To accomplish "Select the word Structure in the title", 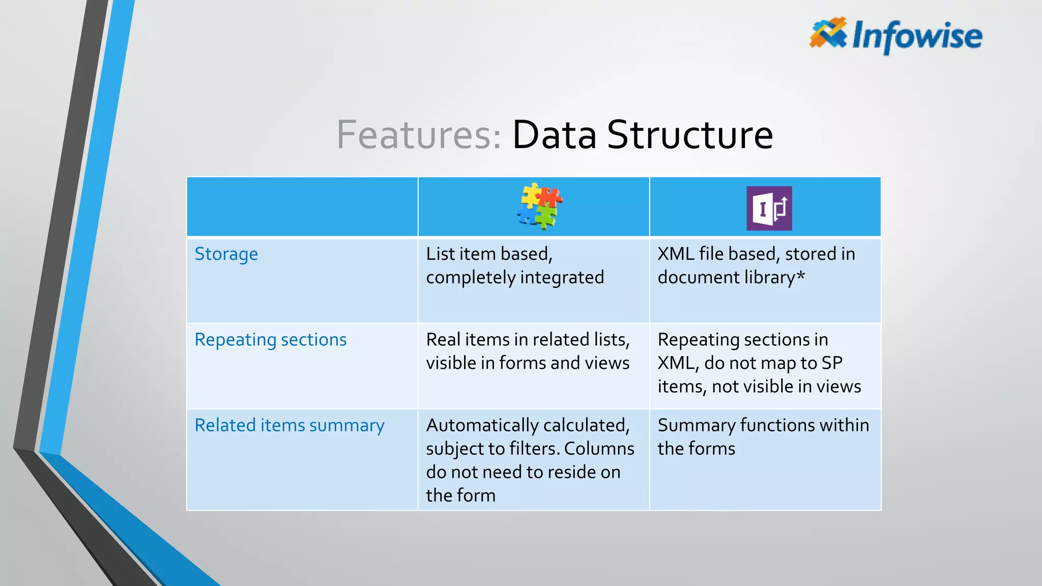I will point(690,135).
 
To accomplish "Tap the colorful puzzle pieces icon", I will point(539,206).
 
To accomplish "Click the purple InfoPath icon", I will point(769,208).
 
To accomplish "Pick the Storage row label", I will point(226,254).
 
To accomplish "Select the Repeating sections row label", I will point(271,339).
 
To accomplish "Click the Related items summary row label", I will point(290,425).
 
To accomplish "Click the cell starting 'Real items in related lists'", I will point(528,351).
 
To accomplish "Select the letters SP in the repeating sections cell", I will point(831,363).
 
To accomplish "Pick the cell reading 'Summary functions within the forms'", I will point(763,436).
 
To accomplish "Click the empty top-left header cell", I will point(302,207).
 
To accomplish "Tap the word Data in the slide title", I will point(554,135).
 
